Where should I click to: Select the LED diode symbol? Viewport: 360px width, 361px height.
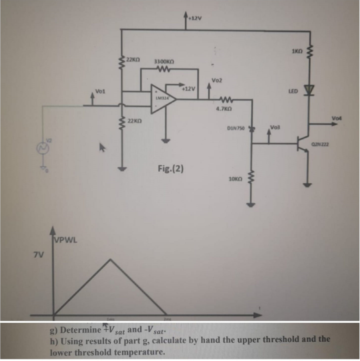point(310,91)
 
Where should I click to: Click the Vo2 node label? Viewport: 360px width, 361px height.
point(216,81)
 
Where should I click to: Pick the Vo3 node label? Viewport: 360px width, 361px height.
point(275,127)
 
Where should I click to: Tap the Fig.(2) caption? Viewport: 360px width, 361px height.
point(171,167)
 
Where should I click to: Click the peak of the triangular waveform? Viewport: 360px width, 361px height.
point(110,260)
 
